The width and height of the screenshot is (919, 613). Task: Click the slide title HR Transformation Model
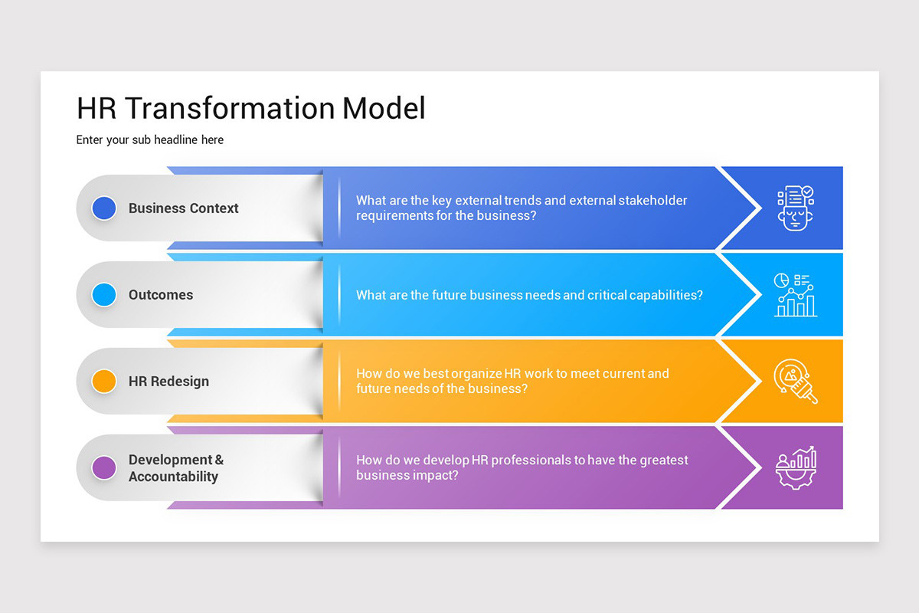(x=250, y=108)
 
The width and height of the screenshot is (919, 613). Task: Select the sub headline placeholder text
(x=150, y=140)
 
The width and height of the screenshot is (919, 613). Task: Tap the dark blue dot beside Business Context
(x=104, y=208)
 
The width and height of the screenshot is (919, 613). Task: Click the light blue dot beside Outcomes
(x=104, y=295)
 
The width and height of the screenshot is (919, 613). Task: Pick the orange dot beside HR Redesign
(x=104, y=381)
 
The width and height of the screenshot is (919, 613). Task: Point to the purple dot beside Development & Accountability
(x=104, y=467)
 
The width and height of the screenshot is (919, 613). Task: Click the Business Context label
(x=183, y=208)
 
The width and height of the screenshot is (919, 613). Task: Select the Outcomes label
(x=161, y=295)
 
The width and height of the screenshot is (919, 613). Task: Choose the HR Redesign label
(x=168, y=382)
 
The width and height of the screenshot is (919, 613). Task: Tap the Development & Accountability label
(x=175, y=468)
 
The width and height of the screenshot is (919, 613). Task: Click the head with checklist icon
(x=796, y=208)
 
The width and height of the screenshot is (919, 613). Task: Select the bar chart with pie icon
(x=796, y=295)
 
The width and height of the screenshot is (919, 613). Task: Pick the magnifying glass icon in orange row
(x=796, y=382)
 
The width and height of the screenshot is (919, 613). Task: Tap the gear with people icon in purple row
(x=796, y=468)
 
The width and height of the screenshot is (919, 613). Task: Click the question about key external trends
(x=522, y=208)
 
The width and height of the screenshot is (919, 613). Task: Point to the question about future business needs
(x=529, y=295)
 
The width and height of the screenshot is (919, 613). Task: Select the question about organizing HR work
(x=512, y=382)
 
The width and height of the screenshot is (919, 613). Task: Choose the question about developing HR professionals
(x=522, y=468)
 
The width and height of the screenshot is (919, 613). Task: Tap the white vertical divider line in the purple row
(x=339, y=467)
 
